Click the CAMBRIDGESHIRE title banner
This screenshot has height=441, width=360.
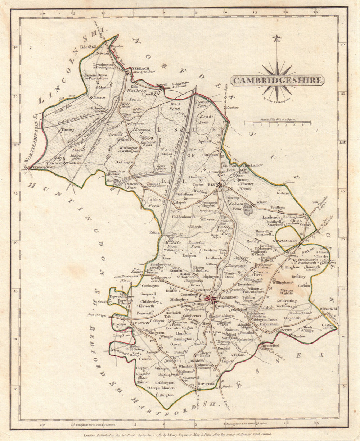coord(277,80)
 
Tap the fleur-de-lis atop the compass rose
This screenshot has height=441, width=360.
coord(276,38)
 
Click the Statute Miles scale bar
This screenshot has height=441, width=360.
coord(277,123)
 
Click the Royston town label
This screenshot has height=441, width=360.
coord(206,383)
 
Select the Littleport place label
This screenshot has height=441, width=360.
coord(210,155)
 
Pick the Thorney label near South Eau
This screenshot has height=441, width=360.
coord(68,129)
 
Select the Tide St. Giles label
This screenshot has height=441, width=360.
coord(90,47)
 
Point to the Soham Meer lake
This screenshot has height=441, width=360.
coord(248,209)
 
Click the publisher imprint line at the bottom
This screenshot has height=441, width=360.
coord(178,434)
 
